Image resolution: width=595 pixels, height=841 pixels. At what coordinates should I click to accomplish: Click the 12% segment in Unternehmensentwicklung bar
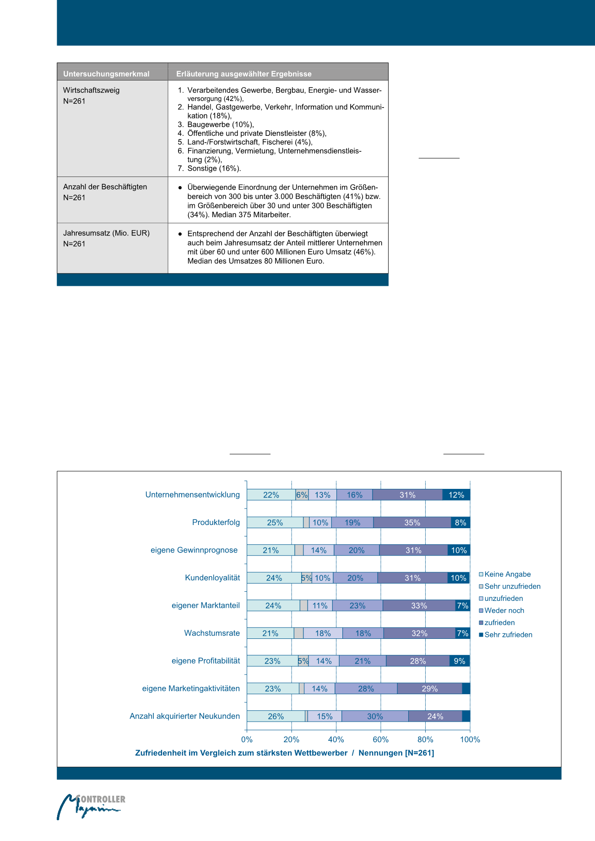point(456,495)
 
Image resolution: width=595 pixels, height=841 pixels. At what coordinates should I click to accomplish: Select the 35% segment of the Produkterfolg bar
point(412,523)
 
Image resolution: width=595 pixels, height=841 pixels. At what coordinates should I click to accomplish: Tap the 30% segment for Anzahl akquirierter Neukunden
point(375,716)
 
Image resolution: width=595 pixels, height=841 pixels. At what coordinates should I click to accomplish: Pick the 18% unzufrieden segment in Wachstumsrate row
point(323,633)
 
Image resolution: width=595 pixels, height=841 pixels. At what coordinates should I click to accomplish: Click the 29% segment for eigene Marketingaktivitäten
point(429,689)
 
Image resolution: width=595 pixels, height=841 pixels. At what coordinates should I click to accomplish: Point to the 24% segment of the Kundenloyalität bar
point(274,578)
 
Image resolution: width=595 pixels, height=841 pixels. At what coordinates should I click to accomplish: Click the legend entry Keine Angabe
point(507,574)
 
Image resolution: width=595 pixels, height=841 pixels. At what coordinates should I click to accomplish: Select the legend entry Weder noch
point(504,611)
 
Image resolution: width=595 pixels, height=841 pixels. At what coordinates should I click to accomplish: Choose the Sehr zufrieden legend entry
point(508,635)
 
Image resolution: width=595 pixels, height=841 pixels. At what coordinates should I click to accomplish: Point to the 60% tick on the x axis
point(380,739)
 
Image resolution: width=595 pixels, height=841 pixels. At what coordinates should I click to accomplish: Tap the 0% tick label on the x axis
point(247,739)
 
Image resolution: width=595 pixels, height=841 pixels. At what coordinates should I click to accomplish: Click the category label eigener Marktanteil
point(206,605)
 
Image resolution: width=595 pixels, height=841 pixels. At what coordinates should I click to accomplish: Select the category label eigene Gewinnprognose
point(194,550)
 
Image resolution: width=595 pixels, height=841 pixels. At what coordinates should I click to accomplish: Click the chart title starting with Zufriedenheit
point(284,753)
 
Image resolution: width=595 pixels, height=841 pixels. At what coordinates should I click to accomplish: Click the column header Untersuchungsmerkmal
point(106,74)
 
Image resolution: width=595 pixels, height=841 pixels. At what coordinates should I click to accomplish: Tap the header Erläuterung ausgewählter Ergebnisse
point(243,74)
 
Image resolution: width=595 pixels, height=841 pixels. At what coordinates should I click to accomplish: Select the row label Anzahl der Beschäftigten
point(105,187)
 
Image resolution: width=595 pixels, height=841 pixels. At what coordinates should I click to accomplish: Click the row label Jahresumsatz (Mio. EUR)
point(106,233)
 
